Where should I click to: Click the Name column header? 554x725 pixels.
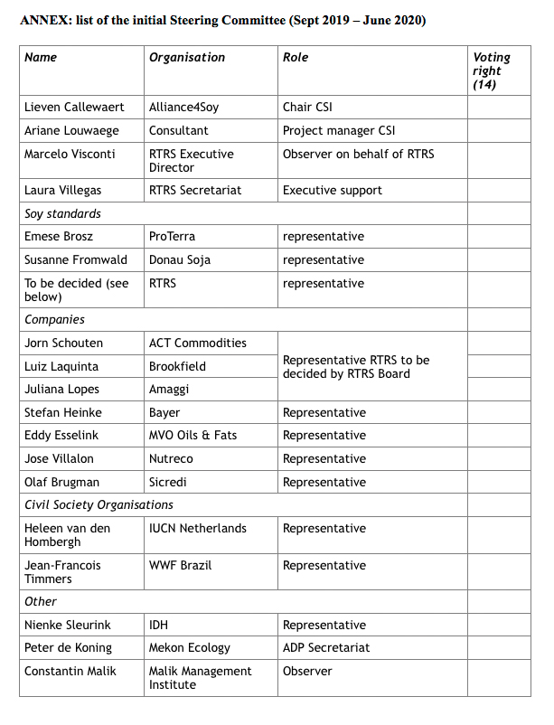click(x=41, y=57)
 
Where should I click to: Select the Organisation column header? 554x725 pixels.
click(x=187, y=57)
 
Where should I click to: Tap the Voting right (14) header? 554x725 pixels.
click(x=492, y=71)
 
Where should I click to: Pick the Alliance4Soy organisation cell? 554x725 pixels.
click(x=183, y=107)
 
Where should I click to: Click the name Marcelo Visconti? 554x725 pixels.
click(x=70, y=154)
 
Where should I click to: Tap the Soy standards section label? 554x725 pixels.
click(x=62, y=213)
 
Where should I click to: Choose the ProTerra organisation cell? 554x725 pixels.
click(x=173, y=236)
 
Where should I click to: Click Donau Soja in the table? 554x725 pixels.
click(x=179, y=259)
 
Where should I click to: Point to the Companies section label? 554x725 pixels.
click(x=54, y=319)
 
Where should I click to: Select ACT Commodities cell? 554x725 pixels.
click(x=197, y=343)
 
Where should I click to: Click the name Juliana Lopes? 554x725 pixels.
click(x=61, y=389)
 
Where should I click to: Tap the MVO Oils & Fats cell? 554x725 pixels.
click(x=192, y=435)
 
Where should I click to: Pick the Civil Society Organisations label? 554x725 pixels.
click(x=99, y=504)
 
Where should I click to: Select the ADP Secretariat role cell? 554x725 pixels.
click(x=325, y=647)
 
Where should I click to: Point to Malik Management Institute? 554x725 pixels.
click(x=200, y=677)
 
